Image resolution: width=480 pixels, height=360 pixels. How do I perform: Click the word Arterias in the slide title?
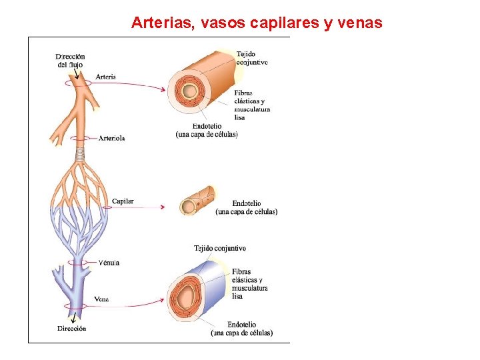(159, 23)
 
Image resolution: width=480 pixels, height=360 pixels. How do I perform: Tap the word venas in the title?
(360, 23)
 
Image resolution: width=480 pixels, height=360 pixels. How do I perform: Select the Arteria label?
(106, 77)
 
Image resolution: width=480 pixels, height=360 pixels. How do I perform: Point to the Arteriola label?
(112, 138)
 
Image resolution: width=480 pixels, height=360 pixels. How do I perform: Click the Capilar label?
(123, 201)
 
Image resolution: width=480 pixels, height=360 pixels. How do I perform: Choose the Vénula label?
(109, 263)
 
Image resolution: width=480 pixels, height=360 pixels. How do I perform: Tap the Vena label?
(101, 299)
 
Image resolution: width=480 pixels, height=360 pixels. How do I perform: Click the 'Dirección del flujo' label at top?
(70, 61)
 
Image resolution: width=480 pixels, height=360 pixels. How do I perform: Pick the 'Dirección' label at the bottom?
(71, 328)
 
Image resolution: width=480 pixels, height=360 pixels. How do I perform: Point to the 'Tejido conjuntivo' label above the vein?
(220, 248)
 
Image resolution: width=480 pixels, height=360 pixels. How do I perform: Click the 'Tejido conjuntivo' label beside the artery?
(251, 58)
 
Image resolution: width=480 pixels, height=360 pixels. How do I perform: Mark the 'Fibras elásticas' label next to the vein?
(250, 284)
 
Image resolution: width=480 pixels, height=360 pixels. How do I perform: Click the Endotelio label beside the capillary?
(247, 207)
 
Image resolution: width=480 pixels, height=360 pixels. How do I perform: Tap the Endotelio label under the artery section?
(207, 130)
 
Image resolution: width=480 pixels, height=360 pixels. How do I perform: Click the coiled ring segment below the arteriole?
(80, 153)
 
